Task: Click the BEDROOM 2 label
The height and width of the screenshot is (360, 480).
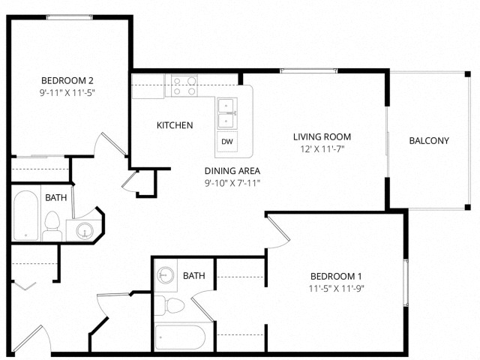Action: pos(67,80)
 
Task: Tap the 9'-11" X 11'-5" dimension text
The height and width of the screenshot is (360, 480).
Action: pos(67,92)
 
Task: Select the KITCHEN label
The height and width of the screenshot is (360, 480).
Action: pos(175,125)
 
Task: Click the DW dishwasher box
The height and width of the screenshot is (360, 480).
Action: pos(227,142)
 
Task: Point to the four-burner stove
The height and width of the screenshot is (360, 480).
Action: pos(184,85)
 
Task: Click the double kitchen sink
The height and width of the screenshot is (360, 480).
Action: pos(227,113)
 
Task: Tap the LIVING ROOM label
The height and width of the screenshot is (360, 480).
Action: pos(322,136)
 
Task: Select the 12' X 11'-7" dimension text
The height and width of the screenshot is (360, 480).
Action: pos(322,149)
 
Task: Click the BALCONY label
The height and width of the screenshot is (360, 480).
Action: pos(429,140)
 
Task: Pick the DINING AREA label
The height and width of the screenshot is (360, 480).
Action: pos(232,170)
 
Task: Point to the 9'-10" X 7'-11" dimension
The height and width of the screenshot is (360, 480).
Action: pos(232,183)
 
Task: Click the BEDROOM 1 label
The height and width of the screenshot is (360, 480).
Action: pos(336,276)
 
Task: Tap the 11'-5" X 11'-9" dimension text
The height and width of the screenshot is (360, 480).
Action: pos(337,288)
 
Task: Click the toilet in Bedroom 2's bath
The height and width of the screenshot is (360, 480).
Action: pos(52,226)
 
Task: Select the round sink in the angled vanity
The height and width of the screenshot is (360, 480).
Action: pos(84,230)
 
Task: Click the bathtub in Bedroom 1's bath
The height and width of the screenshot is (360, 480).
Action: pos(180,337)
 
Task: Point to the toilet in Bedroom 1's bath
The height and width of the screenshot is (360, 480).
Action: pos(169,305)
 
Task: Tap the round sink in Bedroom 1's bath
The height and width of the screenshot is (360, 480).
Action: pos(165,275)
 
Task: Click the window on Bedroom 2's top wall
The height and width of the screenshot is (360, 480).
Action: pos(70,17)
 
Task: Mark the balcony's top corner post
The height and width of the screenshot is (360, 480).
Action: pos(467,74)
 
